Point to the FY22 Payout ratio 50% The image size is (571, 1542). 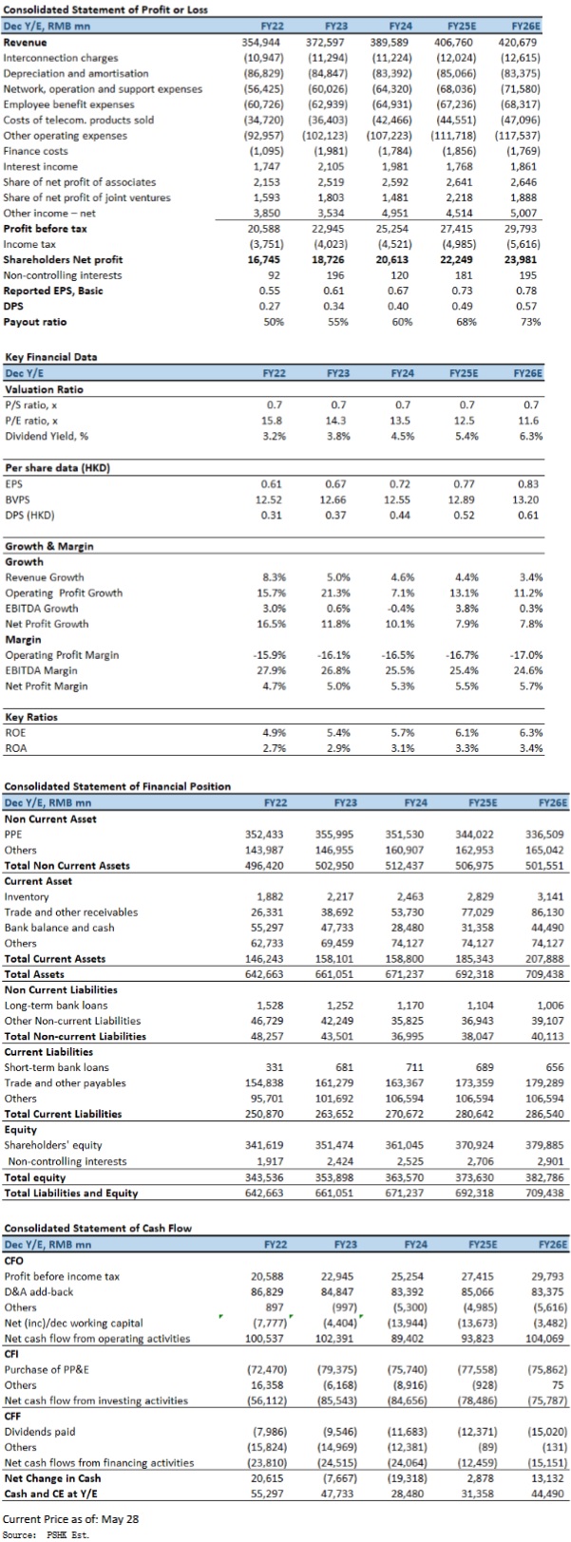tap(275, 322)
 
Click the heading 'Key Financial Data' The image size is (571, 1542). tap(51, 357)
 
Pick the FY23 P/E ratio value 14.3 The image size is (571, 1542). tap(335, 420)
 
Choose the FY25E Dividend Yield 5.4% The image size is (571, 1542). tap(467, 436)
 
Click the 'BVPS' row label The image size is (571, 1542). tap(17, 499)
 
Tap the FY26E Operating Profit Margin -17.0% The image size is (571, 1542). tap(527, 654)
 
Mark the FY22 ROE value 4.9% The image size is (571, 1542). tap(275, 732)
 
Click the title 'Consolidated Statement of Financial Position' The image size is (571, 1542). tap(118, 786)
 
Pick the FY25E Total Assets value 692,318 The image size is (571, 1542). tap(475, 974)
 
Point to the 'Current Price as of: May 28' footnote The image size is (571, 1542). tap(71, 1518)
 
